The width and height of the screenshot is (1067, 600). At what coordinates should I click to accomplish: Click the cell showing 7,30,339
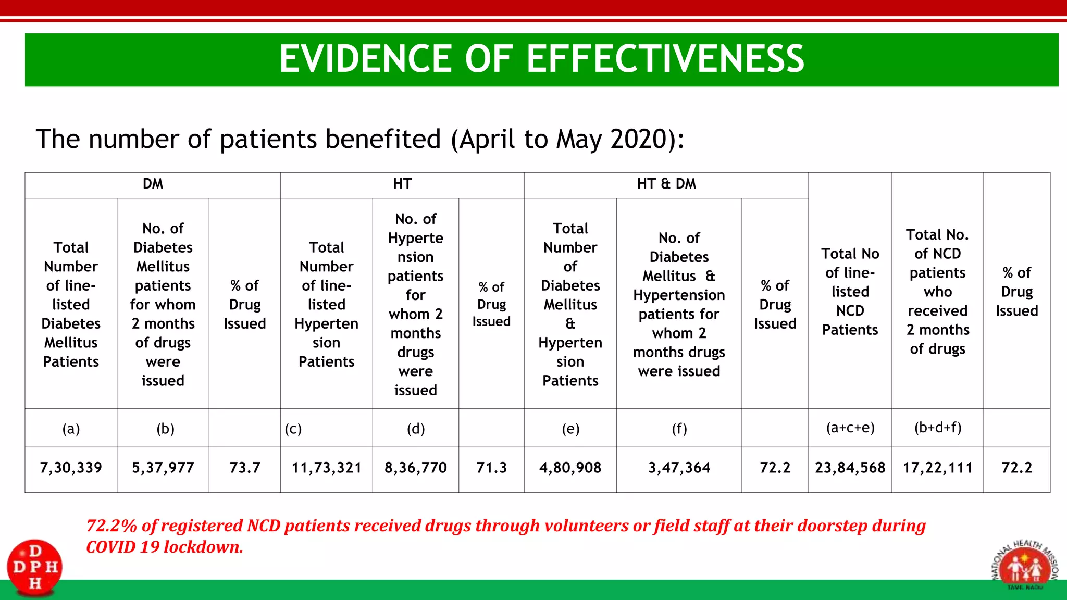71,468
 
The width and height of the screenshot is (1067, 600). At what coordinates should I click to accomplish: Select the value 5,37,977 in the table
163,468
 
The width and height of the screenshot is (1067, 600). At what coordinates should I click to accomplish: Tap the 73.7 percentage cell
245,468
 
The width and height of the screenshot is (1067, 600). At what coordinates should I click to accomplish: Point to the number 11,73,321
327,468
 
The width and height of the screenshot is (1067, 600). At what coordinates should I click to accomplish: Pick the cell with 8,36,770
416,468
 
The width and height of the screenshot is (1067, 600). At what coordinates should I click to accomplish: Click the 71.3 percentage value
491,468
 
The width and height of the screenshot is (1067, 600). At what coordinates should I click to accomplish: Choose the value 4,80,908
570,468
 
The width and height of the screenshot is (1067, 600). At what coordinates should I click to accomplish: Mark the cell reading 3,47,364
679,468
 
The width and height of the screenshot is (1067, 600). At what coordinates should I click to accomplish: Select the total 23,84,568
850,468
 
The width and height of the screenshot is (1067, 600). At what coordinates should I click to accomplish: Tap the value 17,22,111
938,468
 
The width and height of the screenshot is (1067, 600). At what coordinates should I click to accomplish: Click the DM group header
153,184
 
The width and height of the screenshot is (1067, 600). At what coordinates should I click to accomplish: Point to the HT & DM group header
666,184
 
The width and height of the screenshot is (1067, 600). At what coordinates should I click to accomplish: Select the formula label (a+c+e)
850,428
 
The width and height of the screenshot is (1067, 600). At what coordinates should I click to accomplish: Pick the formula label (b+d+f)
938,428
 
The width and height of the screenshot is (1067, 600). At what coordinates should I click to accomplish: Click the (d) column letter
416,429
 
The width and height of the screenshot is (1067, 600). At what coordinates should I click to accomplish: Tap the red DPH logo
35,567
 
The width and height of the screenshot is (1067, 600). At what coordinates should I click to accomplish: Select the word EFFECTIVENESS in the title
665,58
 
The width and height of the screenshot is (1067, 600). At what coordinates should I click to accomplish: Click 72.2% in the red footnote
111,526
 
